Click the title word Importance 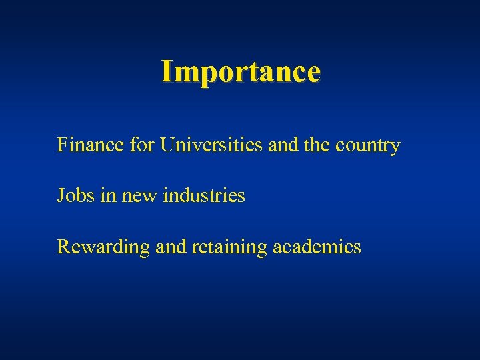click(241, 71)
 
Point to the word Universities click(211, 145)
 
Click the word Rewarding click(103, 247)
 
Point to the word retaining click(229, 247)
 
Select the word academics click(317, 247)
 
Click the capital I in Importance click(167, 71)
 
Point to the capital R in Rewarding click(64, 247)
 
